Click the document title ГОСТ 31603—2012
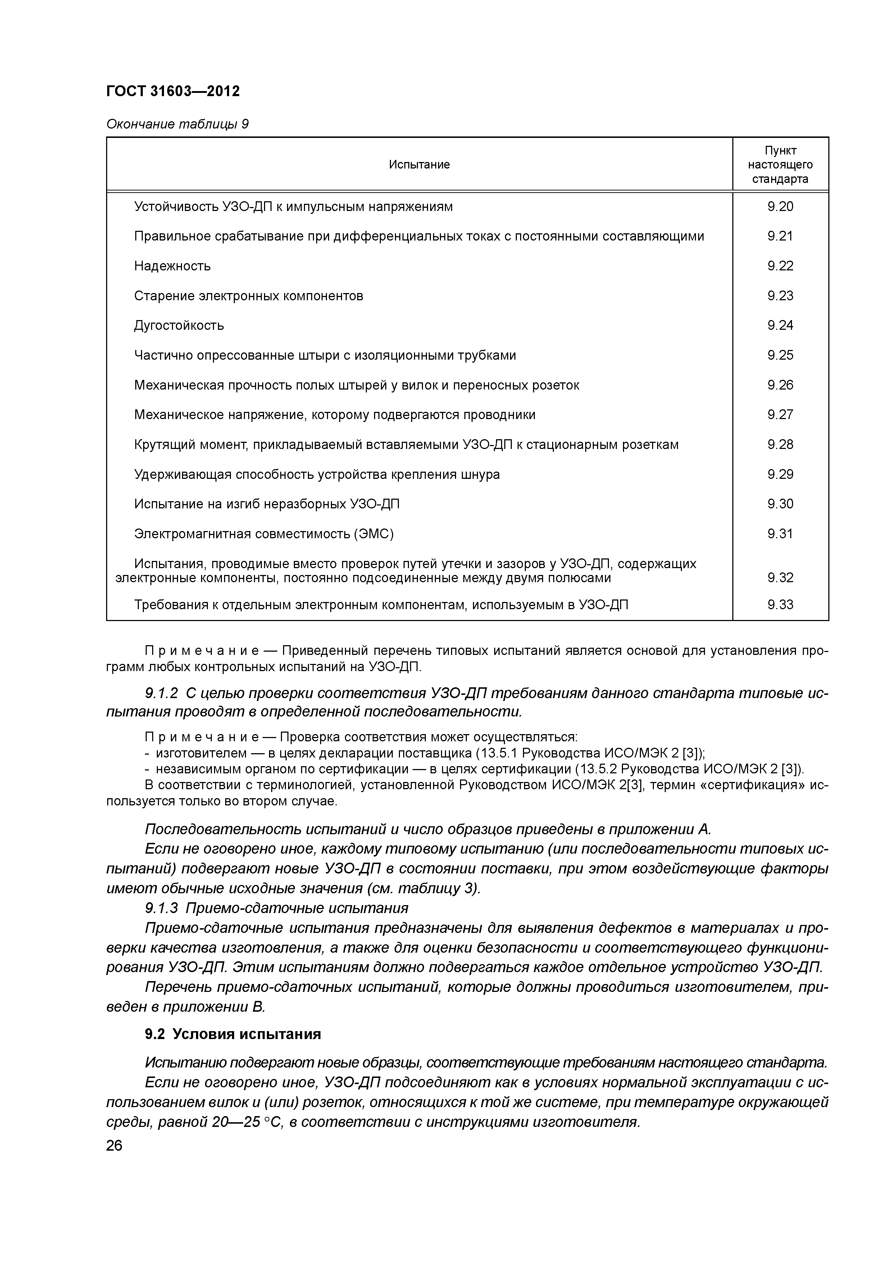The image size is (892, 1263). [x=173, y=91]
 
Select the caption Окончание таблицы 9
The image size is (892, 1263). [x=177, y=124]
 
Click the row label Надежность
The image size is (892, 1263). [x=172, y=266]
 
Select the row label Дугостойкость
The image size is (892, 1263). [x=179, y=326]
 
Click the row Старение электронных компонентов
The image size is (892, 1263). [x=249, y=296]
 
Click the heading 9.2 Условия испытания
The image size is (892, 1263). [x=232, y=1035]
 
